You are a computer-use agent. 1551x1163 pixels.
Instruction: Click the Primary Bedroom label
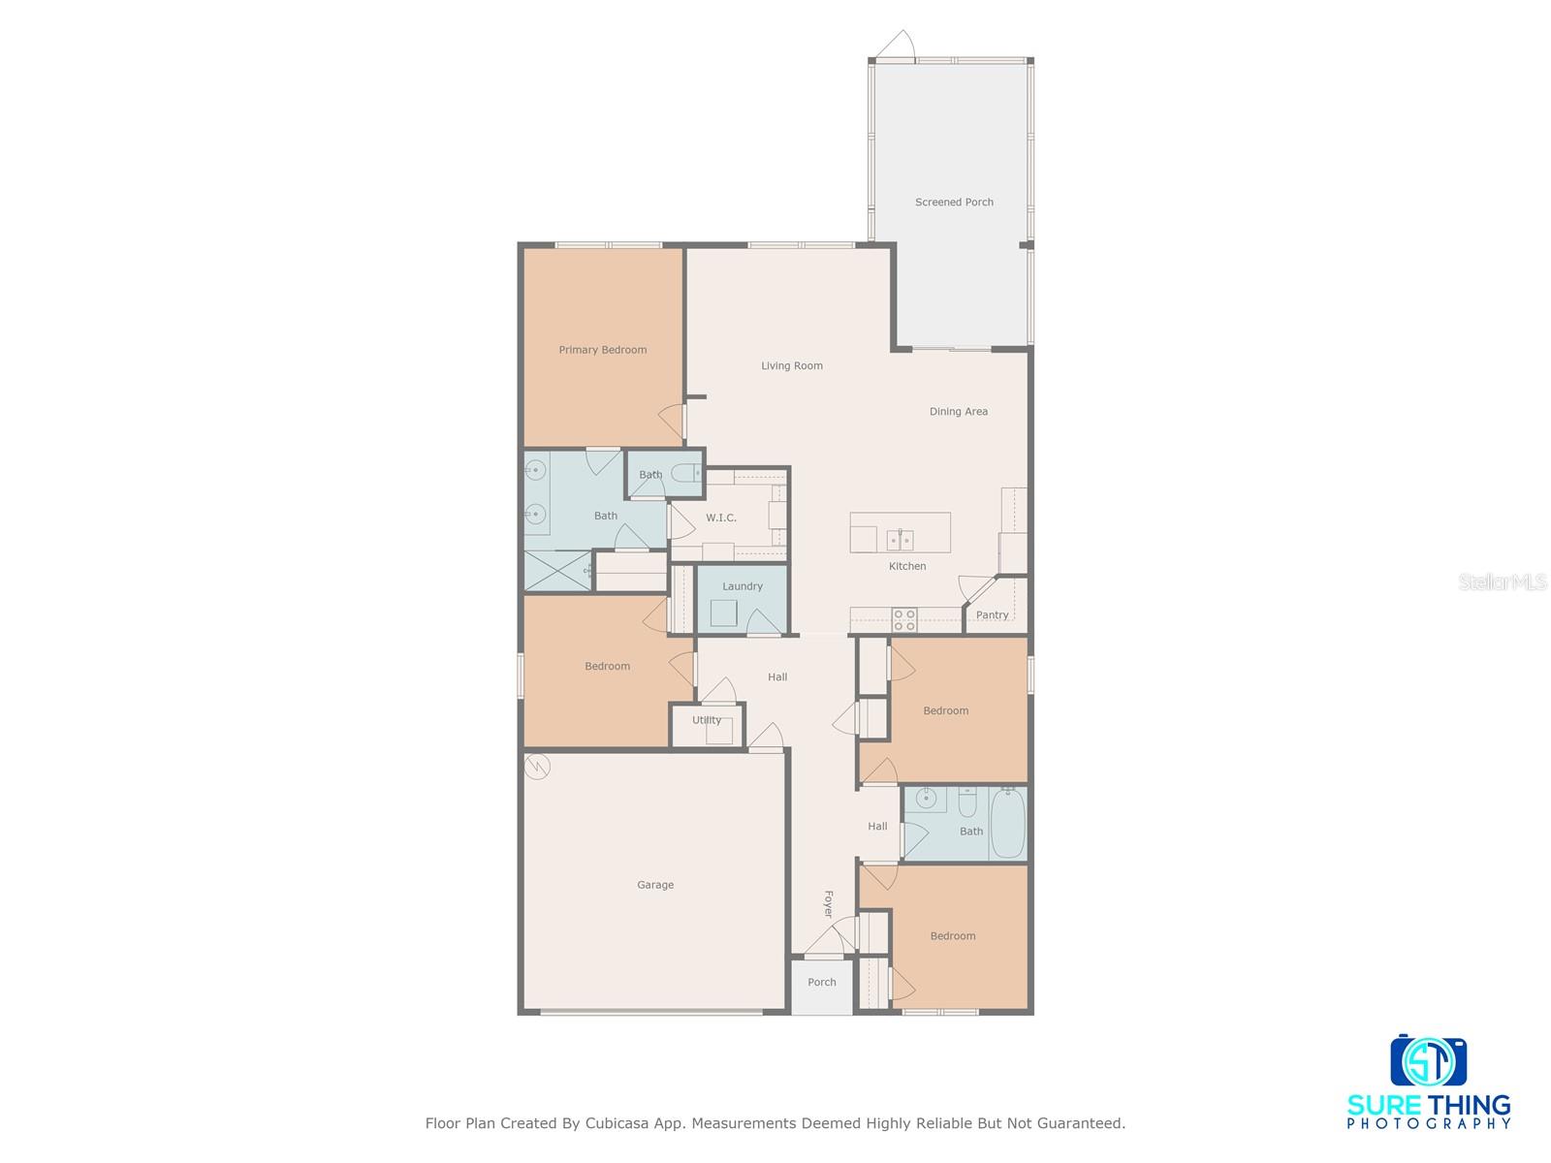point(602,350)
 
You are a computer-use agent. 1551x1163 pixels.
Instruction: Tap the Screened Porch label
point(954,203)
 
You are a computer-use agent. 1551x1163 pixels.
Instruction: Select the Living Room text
point(791,366)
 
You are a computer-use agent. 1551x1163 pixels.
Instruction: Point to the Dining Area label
point(958,412)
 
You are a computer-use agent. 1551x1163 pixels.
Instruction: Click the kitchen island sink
point(900,540)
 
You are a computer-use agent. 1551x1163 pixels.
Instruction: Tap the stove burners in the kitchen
point(903,619)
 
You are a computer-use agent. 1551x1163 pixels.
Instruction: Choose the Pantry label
point(992,615)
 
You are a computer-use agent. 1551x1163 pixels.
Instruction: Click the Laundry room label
point(743,586)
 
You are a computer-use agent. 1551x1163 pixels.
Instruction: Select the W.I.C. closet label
point(720,519)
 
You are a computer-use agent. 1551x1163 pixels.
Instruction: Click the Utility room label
point(706,720)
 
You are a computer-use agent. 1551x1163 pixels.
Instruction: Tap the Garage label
point(655,885)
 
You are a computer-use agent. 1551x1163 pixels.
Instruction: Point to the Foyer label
point(828,904)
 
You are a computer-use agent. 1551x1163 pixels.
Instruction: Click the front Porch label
point(821,983)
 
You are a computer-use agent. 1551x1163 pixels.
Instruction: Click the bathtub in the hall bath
point(1007,822)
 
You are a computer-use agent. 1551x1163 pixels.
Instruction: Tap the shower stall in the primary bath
point(557,571)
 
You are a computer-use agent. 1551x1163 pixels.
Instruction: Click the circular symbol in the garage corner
point(537,768)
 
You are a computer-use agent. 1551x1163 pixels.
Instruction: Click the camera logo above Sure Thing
point(1428,1061)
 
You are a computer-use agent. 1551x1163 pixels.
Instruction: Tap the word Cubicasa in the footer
point(619,1124)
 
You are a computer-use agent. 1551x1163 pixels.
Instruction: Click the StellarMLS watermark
point(1503,582)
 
